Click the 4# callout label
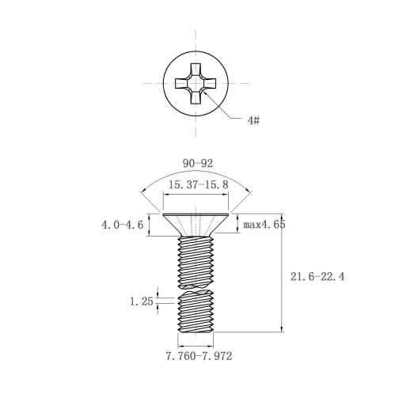point(253,120)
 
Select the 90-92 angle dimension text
point(198,164)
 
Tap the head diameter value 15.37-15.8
point(199,184)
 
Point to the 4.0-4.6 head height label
point(123,225)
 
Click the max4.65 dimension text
point(264,225)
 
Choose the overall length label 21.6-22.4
point(317,277)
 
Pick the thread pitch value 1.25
point(142,301)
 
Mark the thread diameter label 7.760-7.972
point(199,356)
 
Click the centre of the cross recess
point(196,83)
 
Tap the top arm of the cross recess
point(196,70)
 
